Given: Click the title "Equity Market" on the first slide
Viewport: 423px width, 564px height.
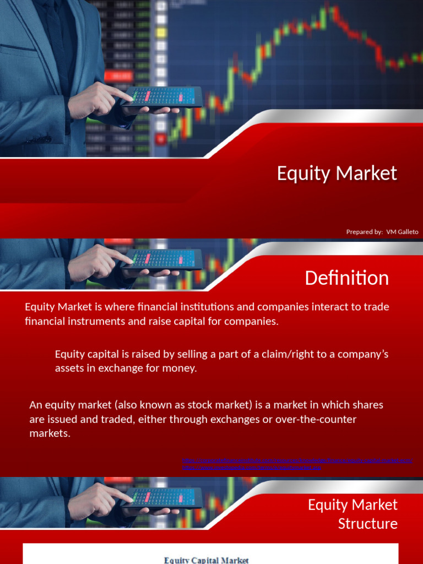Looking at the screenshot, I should (x=337, y=173).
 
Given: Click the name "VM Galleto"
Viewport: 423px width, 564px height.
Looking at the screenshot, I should (x=402, y=232).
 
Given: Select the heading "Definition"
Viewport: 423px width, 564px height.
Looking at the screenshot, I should (x=346, y=278).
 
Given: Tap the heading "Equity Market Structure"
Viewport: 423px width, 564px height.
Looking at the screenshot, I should (x=352, y=514).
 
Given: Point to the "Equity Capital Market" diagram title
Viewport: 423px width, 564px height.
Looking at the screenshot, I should (x=206, y=560).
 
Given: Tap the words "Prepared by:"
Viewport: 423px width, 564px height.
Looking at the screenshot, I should (x=364, y=232).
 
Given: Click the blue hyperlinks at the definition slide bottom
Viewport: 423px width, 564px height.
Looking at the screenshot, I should (x=297, y=464).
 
